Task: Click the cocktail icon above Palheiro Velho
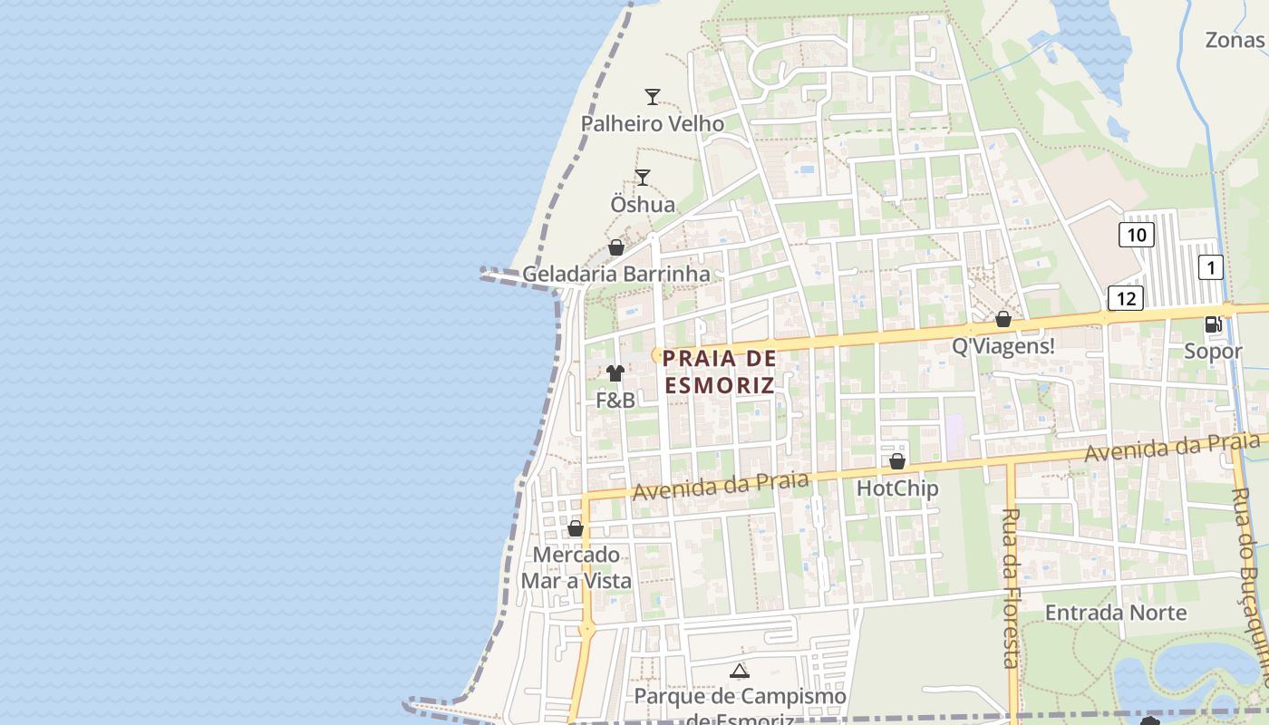tap(653, 97)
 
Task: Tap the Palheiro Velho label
tap(653, 124)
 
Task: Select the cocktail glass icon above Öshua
tap(643, 178)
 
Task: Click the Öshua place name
tap(643, 205)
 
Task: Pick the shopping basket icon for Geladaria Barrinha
tap(616, 247)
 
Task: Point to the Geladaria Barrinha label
tap(616, 274)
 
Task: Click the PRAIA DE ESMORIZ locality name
tap(720, 372)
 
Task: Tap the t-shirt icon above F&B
tap(615, 372)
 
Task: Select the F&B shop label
tap(615, 400)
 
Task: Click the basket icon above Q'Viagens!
tap(1003, 319)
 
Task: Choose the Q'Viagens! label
tap(1003, 346)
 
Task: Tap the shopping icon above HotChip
tap(897, 461)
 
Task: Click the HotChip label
tap(897, 488)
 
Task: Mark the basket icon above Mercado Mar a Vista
tap(576, 528)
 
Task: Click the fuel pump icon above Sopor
tap(1213, 324)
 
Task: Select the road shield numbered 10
tap(1136, 236)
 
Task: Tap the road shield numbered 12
tap(1126, 298)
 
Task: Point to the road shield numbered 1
tap(1211, 267)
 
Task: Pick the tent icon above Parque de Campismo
tap(740, 672)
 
